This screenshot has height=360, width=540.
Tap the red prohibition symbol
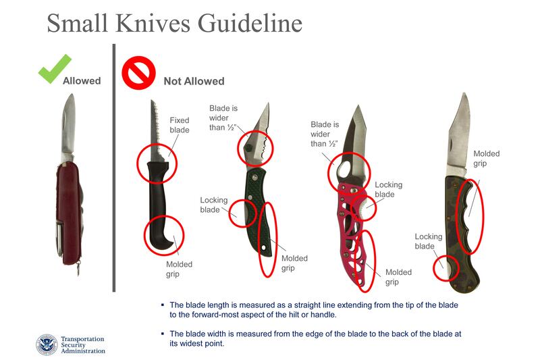coord(138,73)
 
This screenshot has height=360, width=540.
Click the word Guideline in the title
coord(250,24)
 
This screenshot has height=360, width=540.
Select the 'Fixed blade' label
coord(180,125)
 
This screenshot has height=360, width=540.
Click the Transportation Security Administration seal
coord(47,344)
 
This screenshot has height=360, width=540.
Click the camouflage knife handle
coord(460,234)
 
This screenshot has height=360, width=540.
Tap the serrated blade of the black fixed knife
coord(155,131)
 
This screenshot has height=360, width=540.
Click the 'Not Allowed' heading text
coord(194,81)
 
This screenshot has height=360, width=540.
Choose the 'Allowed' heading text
coord(82,81)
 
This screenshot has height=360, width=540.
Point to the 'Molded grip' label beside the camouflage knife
coord(486,159)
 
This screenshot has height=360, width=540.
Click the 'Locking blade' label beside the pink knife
coord(389,190)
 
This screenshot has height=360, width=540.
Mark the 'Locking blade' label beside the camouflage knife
coord(429,241)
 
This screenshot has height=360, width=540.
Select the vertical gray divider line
coord(114,168)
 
